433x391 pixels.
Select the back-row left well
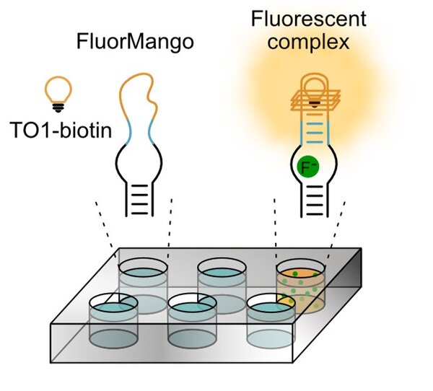[143, 281]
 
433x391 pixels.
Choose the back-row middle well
[222, 280]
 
